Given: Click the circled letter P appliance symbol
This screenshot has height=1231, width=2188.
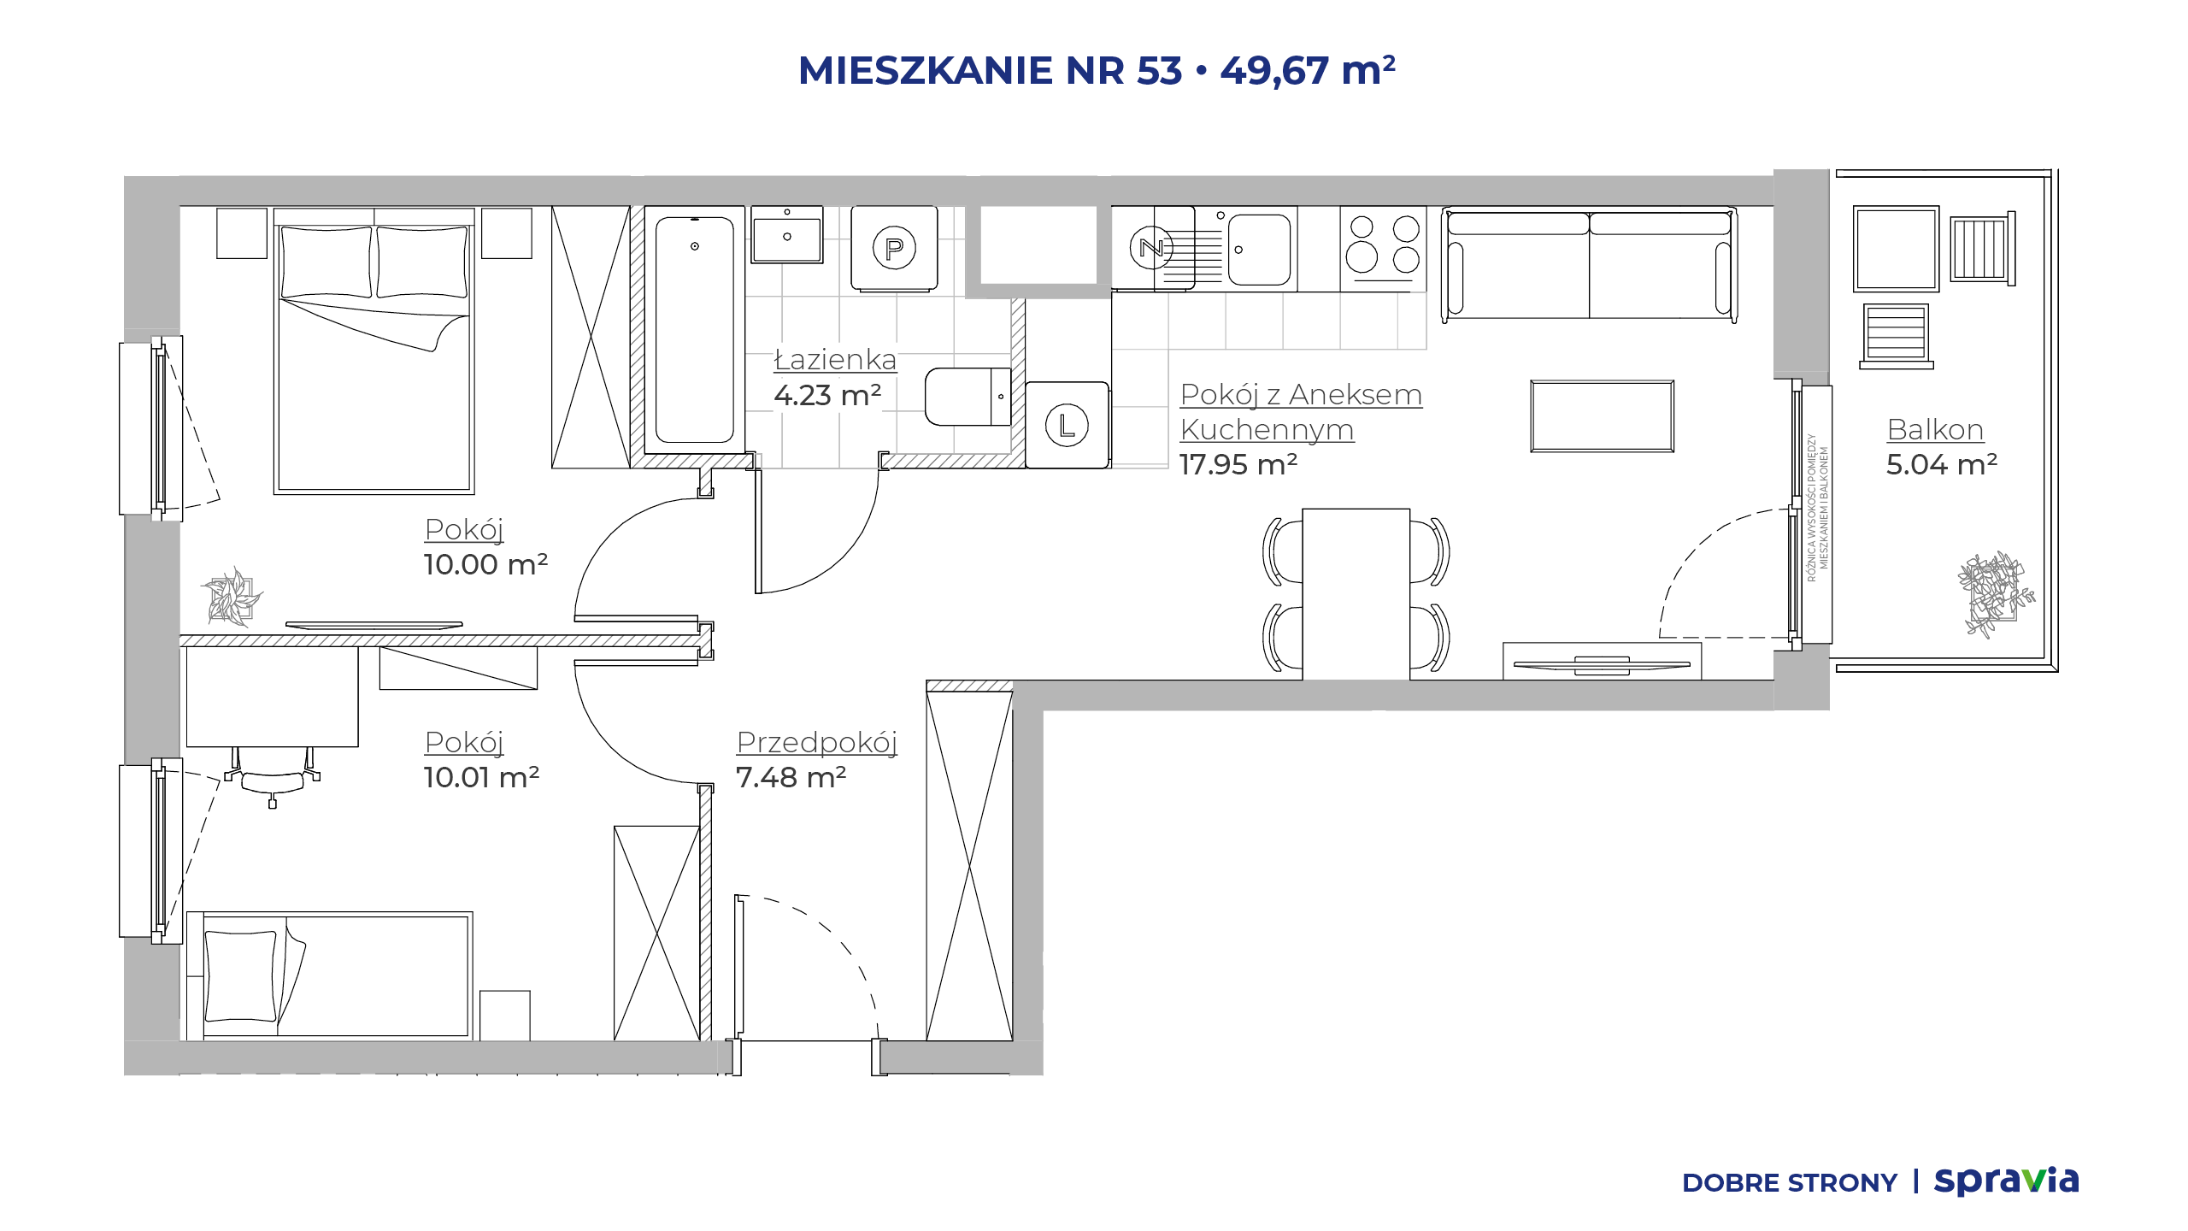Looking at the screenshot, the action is pyautogui.click(x=894, y=248).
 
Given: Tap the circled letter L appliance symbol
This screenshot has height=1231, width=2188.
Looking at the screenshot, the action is pyautogui.click(x=1067, y=425).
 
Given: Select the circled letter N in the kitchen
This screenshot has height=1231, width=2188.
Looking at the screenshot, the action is pyautogui.click(x=1151, y=248).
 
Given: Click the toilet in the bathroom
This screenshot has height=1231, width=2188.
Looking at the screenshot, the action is pyautogui.click(x=968, y=397).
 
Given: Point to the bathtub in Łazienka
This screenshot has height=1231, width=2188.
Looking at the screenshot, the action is pyautogui.click(x=694, y=329).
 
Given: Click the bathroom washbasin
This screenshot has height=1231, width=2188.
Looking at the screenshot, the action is pyautogui.click(x=786, y=234).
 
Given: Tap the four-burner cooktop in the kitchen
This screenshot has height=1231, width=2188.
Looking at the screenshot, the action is pyautogui.click(x=1382, y=248).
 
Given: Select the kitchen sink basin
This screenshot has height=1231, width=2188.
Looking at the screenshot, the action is pyautogui.click(x=1259, y=249).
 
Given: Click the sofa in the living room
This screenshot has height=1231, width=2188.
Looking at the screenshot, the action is pyautogui.click(x=1589, y=264).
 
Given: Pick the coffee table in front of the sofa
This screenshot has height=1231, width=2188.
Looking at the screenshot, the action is pyautogui.click(x=1602, y=416).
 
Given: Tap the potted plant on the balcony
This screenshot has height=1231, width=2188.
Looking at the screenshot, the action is pyautogui.click(x=1995, y=593).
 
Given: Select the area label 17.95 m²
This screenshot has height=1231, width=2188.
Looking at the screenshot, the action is pyautogui.click(x=1238, y=464).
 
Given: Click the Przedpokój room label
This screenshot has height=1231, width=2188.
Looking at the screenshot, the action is pyautogui.click(x=816, y=742).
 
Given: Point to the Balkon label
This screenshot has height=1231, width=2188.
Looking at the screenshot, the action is pyautogui.click(x=1935, y=429).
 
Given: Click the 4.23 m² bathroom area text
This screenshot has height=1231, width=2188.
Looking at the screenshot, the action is pyautogui.click(x=827, y=395).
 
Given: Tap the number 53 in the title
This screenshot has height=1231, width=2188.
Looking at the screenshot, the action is pyautogui.click(x=1159, y=70).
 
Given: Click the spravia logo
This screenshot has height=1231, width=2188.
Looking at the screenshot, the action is pyautogui.click(x=2006, y=1181).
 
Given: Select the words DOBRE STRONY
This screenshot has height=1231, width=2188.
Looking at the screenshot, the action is pyautogui.click(x=1790, y=1183).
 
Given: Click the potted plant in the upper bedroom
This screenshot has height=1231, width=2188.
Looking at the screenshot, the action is pyautogui.click(x=231, y=597).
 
